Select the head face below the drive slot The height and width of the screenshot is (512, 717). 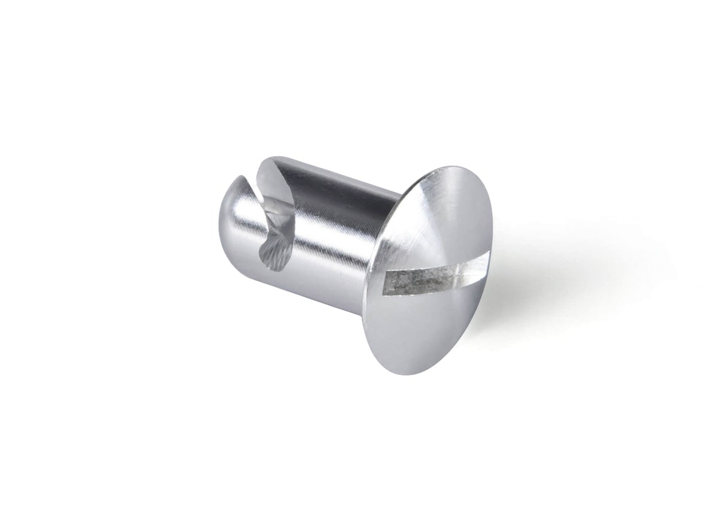pos(419,329)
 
